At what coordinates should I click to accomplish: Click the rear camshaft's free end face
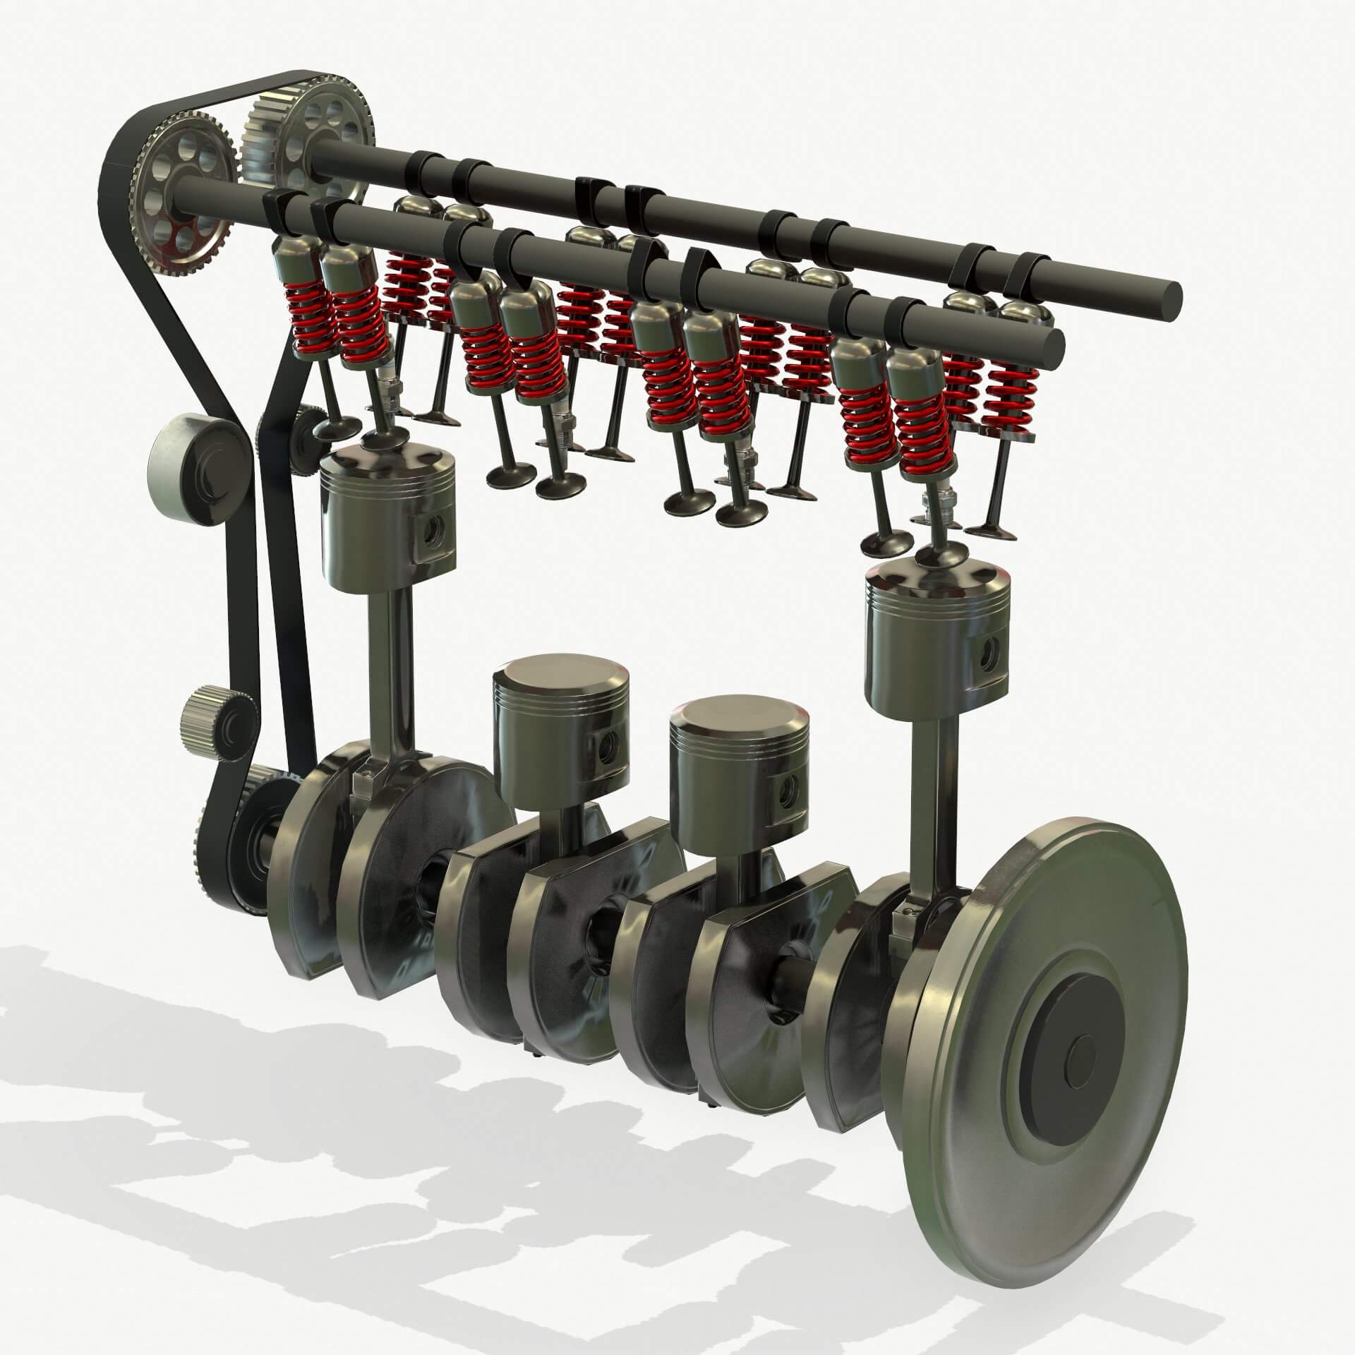coord(1171,292)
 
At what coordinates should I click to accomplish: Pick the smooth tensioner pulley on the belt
coord(191,469)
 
